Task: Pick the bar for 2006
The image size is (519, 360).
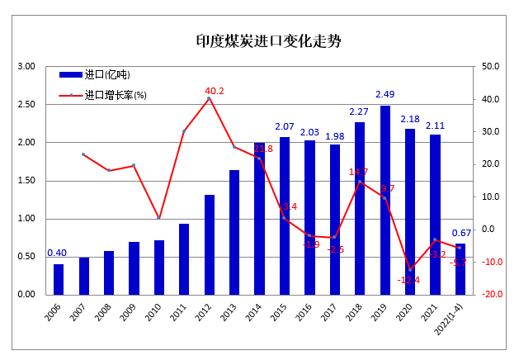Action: tap(59, 279)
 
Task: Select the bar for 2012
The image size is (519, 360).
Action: tap(210, 244)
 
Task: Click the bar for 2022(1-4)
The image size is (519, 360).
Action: tap(460, 268)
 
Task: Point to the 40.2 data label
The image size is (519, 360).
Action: tap(215, 91)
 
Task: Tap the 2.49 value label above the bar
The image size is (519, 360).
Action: tap(385, 94)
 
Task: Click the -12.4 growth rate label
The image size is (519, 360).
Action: tap(408, 280)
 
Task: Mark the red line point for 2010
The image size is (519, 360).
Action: tap(158, 218)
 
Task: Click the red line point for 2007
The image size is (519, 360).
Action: tap(83, 154)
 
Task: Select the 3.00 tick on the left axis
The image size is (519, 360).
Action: tap(26, 67)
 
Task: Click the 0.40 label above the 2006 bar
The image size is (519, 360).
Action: tap(57, 253)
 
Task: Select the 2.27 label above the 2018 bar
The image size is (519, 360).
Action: tap(359, 111)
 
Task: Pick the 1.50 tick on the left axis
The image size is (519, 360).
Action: tap(26, 181)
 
